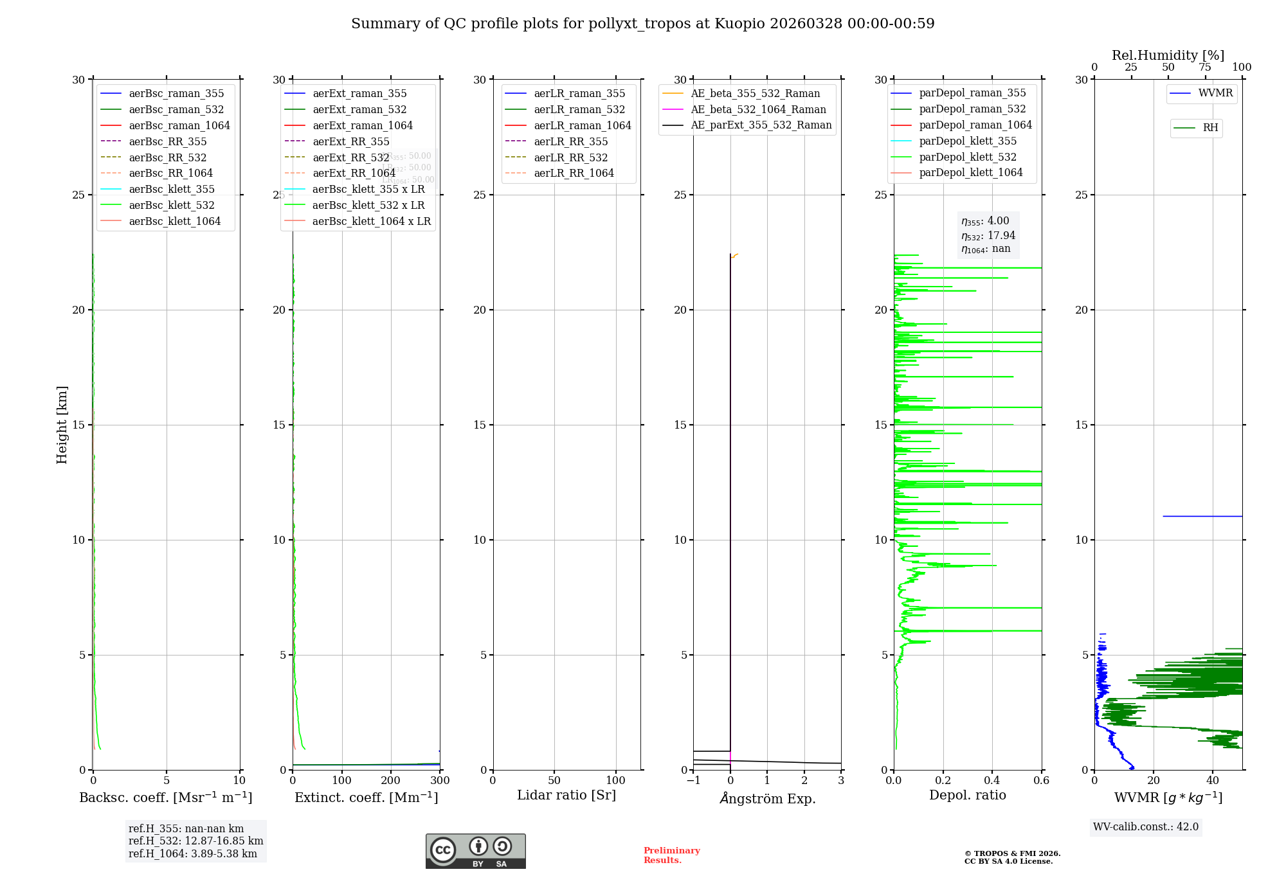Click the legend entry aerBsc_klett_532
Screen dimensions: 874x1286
pos(172,205)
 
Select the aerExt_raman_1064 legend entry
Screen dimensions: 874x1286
pos(363,125)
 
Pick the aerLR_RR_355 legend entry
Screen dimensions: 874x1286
pos(570,141)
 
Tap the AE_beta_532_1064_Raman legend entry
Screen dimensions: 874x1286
pos(758,109)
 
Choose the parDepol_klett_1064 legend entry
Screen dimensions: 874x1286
pos(970,172)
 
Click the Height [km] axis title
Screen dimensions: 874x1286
pos(62,424)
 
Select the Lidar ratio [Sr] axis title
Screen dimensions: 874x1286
pos(566,795)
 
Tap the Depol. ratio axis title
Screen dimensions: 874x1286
pos(967,795)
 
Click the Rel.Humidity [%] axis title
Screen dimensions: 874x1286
pos(1168,55)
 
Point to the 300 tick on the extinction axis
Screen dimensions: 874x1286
pos(440,781)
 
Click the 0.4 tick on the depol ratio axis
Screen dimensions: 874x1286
pos(992,781)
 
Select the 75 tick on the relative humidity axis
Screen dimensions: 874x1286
pos(1205,67)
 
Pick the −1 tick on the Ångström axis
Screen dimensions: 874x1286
pos(693,781)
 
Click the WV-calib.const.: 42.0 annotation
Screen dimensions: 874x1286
pos(1146,826)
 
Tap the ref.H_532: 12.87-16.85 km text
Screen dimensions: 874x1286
pos(195,841)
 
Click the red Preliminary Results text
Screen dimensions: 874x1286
pos(671,855)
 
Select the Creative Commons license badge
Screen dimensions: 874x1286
pos(475,851)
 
